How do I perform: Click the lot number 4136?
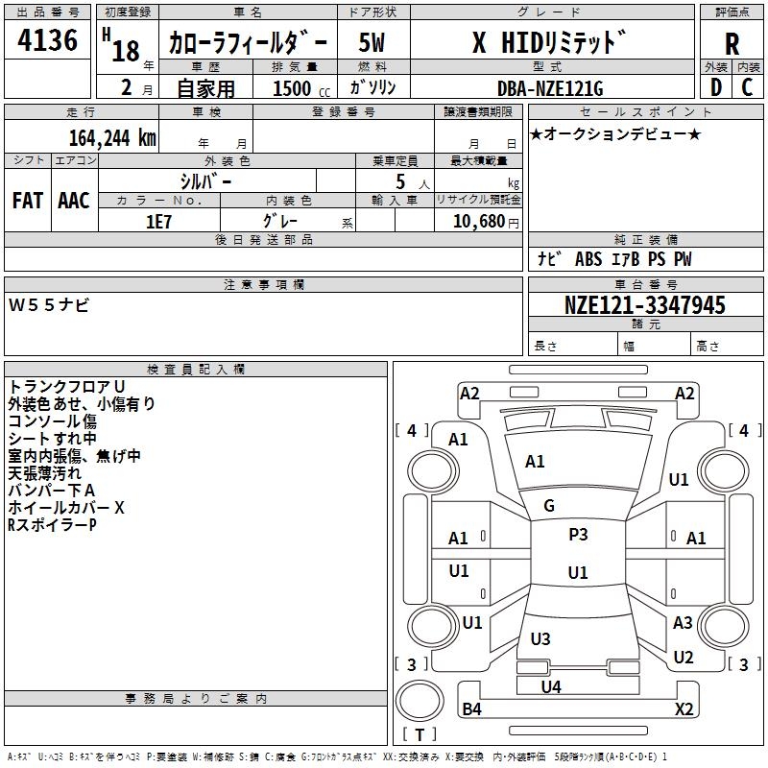(47, 39)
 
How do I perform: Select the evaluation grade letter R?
(732, 44)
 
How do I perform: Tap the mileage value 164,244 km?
(112, 138)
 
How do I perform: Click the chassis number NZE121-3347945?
(644, 304)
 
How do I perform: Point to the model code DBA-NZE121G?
(550, 88)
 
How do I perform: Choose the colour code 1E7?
(158, 222)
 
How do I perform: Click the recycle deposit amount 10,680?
(478, 221)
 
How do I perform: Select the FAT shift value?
(28, 201)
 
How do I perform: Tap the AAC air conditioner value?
(74, 201)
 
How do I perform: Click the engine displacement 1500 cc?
(301, 88)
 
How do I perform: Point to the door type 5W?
(372, 42)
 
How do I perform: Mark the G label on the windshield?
(549, 506)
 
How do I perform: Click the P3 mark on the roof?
(578, 534)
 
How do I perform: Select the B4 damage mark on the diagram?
(471, 708)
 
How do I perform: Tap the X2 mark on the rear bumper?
(684, 708)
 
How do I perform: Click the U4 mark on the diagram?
(551, 686)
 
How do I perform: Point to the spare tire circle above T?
(420, 701)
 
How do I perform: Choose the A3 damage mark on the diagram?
(683, 622)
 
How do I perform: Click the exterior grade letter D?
(715, 87)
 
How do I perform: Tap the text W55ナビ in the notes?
(49, 304)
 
